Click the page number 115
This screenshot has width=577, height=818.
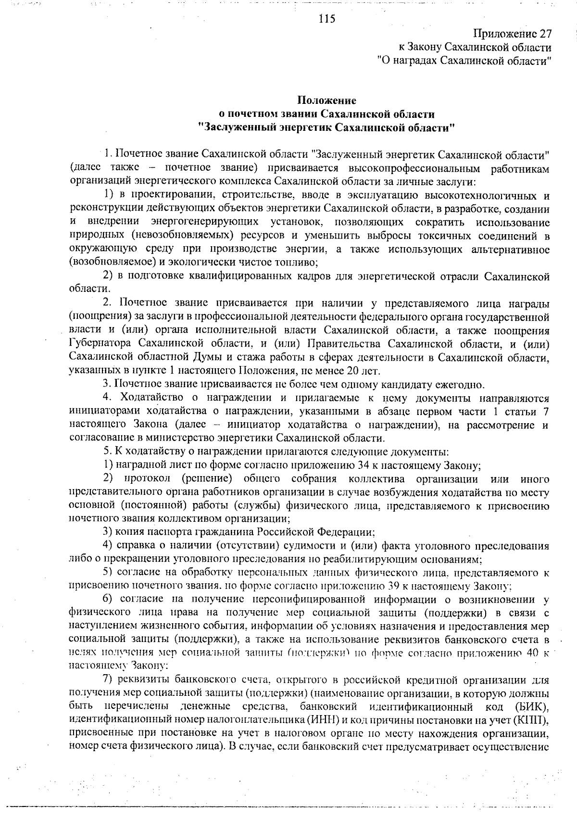(x=326, y=19)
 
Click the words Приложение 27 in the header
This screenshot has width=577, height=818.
(x=512, y=34)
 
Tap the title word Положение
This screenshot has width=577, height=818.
(x=326, y=101)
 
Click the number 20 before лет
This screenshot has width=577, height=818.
(x=358, y=371)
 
